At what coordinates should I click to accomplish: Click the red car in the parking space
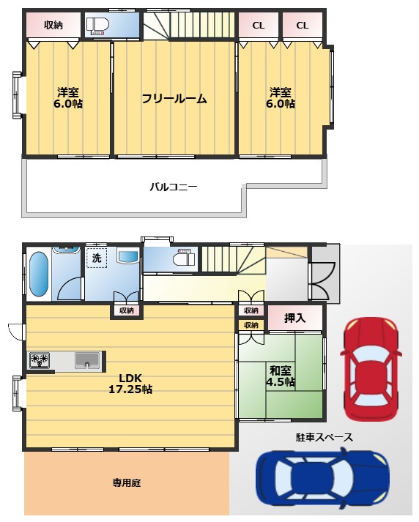[x=371, y=370]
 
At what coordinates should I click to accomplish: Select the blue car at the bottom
[x=322, y=480]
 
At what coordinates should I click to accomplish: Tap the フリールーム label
[x=174, y=99]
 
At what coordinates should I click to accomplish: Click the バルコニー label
[x=174, y=187]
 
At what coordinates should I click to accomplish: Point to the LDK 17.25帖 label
[x=130, y=384]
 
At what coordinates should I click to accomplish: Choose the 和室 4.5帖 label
[x=280, y=376]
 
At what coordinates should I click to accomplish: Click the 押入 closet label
[x=294, y=318]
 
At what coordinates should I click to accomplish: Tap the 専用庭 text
[x=126, y=482]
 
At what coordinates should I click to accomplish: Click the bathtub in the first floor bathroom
[x=38, y=275]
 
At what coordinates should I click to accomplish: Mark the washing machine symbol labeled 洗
[x=97, y=258]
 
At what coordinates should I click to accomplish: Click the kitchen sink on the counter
[x=87, y=360]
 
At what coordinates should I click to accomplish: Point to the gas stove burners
[x=40, y=360]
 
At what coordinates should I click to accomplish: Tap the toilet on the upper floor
[x=98, y=26]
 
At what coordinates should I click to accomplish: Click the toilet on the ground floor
[x=182, y=258]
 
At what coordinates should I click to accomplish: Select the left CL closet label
[x=259, y=26]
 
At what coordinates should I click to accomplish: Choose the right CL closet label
[x=303, y=26]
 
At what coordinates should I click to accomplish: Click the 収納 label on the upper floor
[x=53, y=26]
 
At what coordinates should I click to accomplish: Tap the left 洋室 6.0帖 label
[x=67, y=98]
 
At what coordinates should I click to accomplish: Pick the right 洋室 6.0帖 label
[x=280, y=98]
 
